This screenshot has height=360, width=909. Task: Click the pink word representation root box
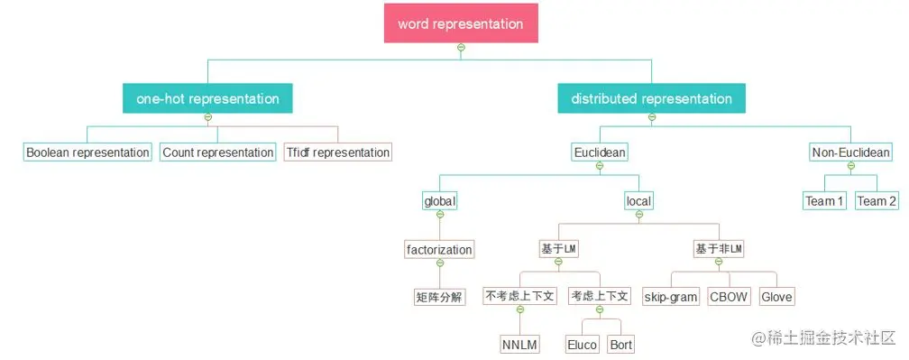tap(461, 23)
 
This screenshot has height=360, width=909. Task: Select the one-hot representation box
tap(207, 98)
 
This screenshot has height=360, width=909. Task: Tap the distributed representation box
tap(651, 98)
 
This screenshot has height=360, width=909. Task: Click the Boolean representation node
tap(87, 152)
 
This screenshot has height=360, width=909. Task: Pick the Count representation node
tap(218, 152)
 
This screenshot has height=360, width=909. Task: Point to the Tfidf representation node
tap(338, 152)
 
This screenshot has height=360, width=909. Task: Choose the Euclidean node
tap(600, 152)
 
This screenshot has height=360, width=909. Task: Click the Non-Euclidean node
tap(851, 152)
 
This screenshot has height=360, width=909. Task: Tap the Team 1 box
tap(825, 200)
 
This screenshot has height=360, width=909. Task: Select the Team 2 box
tap(877, 200)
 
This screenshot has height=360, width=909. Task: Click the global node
tap(440, 200)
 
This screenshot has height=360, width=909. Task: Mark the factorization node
tap(440, 249)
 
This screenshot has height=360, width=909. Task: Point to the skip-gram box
tap(671, 297)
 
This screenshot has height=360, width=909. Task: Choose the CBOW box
tap(729, 297)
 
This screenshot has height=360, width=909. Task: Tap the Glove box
tap(777, 297)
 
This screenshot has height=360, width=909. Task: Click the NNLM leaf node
tap(520, 345)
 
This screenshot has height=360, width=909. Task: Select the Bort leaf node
tap(621, 345)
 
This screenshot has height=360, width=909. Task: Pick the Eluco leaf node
tap(583, 345)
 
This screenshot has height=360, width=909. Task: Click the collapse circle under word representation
tap(461, 47)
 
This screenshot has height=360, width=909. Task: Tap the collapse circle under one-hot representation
tap(207, 117)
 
